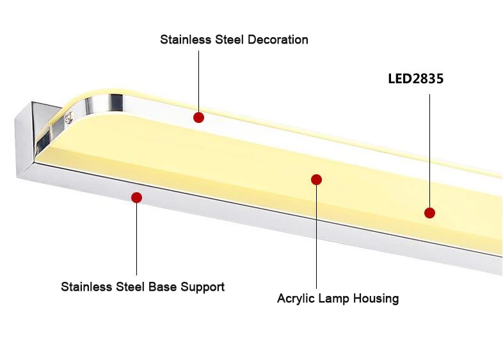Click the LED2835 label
click(415, 79)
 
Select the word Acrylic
click(296, 299)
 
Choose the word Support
click(202, 287)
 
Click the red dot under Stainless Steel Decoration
click(198, 117)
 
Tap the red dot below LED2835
click(429, 213)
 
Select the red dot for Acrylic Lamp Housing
click(316, 179)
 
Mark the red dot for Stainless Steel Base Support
click(136, 197)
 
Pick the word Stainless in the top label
click(184, 40)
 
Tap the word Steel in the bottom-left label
click(131, 287)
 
